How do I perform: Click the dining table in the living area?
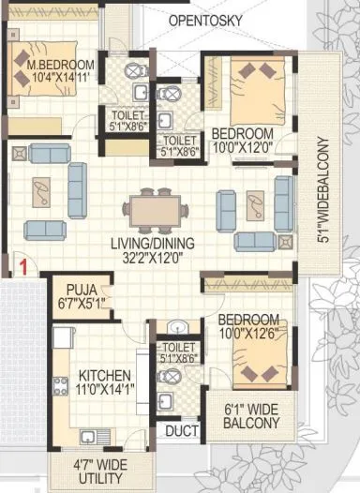[x=156, y=209]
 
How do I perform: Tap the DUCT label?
[x=177, y=431]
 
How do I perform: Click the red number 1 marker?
[x=20, y=268]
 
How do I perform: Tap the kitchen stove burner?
[x=61, y=384]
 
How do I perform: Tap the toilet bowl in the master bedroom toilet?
[x=136, y=70]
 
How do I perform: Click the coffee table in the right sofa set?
[x=255, y=205]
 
